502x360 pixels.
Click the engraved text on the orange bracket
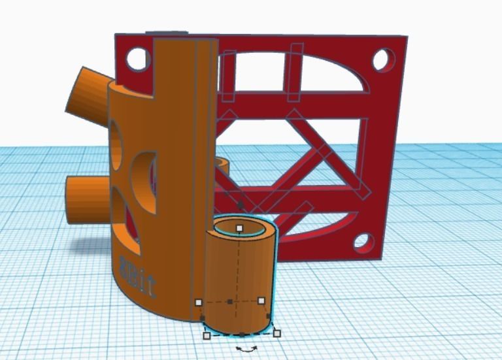click(x=137, y=267)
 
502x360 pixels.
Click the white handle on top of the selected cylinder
click(x=240, y=228)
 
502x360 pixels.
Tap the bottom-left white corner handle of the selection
click(x=207, y=336)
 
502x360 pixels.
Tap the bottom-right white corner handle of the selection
click(x=276, y=333)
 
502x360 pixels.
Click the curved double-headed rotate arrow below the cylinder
click(x=246, y=350)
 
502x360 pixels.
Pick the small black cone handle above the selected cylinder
click(x=240, y=205)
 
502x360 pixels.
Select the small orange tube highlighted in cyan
click(x=239, y=281)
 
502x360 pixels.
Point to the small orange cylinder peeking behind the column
click(x=223, y=166)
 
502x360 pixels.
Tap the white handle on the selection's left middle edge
click(x=199, y=302)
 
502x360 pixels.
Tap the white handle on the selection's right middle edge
click(x=261, y=301)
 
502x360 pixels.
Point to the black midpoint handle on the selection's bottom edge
click(x=242, y=334)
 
